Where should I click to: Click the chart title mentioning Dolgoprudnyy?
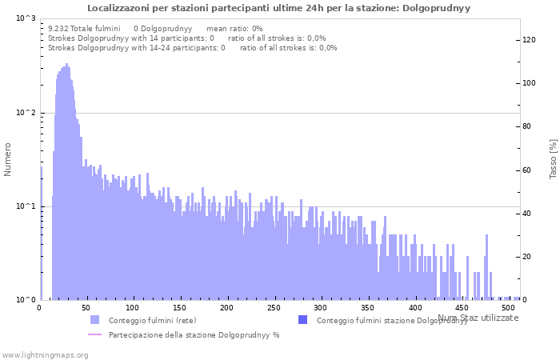[x=278, y=8]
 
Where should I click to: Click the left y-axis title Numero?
[x=8, y=159]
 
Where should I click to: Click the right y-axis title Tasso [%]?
[x=553, y=158]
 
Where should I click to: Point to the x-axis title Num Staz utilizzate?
[x=478, y=318]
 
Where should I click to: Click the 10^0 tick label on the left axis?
[x=26, y=300]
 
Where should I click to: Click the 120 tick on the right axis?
[x=530, y=40]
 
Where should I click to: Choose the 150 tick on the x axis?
[x=181, y=308]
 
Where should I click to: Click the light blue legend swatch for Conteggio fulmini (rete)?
[x=95, y=320]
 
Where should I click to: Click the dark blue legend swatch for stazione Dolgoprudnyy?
[x=302, y=320]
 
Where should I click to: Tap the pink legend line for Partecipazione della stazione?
[x=95, y=334]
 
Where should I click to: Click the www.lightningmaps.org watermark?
[x=44, y=354]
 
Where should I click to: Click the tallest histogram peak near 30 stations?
[x=66, y=65]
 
